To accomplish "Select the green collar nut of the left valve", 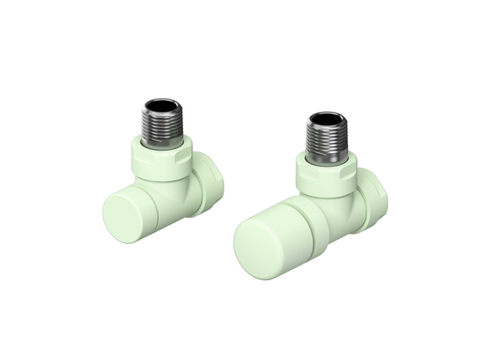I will [x=166, y=156].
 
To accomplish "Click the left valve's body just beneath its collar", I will [x=173, y=182].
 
